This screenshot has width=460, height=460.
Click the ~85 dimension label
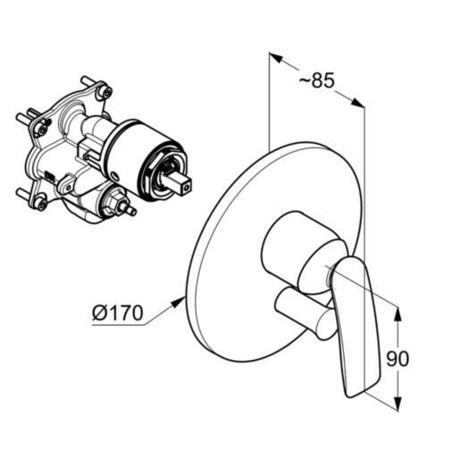[x=316, y=79]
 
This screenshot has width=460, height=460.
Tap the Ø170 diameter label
[x=118, y=313]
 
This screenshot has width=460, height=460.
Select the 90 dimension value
[x=397, y=358]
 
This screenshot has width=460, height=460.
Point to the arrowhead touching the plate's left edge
[x=178, y=303]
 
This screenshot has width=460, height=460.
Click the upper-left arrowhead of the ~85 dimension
[x=275, y=58]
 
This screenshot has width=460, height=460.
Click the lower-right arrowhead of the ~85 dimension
[x=358, y=102]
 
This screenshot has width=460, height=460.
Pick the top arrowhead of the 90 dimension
[x=397, y=314]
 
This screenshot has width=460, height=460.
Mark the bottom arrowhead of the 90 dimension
[x=397, y=403]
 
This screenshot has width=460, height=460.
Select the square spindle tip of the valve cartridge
[x=180, y=183]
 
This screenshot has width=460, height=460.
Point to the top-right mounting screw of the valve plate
[x=106, y=91]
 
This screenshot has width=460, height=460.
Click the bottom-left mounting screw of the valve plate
[x=41, y=204]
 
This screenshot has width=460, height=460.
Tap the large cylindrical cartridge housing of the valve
[x=146, y=161]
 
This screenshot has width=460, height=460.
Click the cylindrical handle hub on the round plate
[x=301, y=253]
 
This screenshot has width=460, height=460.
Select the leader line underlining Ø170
[x=137, y=315]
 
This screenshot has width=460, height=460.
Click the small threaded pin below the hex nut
[x=130, y=210]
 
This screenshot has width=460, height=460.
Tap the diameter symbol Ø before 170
[x=99, y=313]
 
